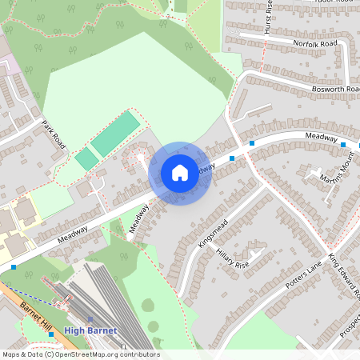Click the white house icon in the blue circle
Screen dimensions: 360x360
180,172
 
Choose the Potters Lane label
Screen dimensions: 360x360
303,274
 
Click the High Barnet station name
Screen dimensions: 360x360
90,330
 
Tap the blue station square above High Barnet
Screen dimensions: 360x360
90,318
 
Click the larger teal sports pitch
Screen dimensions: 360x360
114,133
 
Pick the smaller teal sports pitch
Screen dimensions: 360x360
86,158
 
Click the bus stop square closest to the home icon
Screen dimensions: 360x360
232,158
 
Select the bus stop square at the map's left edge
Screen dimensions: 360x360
14,266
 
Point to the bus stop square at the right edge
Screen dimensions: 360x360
343,144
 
